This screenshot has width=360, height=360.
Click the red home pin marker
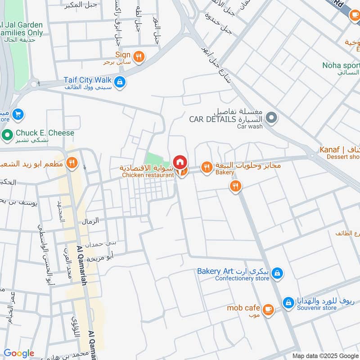click(180, 162)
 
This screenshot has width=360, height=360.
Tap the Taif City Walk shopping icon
click(120, 81)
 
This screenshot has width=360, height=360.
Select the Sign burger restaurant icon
click(139, 56)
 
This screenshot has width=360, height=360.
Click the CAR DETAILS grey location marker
click(271, 118)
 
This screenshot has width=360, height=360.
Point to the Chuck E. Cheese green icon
click(8, 134)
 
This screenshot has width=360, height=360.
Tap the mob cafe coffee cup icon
click(268, 309)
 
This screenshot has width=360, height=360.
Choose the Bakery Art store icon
click(277, 273)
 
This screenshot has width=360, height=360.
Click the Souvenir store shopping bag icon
click(288, 302)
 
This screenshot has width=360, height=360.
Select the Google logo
click(19, 353)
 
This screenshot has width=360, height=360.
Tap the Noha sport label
click(341, 65)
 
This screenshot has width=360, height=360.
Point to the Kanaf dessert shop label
click(339, 149)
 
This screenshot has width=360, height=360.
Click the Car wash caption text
click(250, 126)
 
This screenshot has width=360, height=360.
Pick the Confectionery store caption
click(242, 278)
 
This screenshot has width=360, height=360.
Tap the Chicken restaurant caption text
click(148, 175)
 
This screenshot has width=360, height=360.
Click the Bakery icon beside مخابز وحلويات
click(207, 167)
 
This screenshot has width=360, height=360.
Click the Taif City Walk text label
click(87, 80)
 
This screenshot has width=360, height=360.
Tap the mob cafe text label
click(243, 308)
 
